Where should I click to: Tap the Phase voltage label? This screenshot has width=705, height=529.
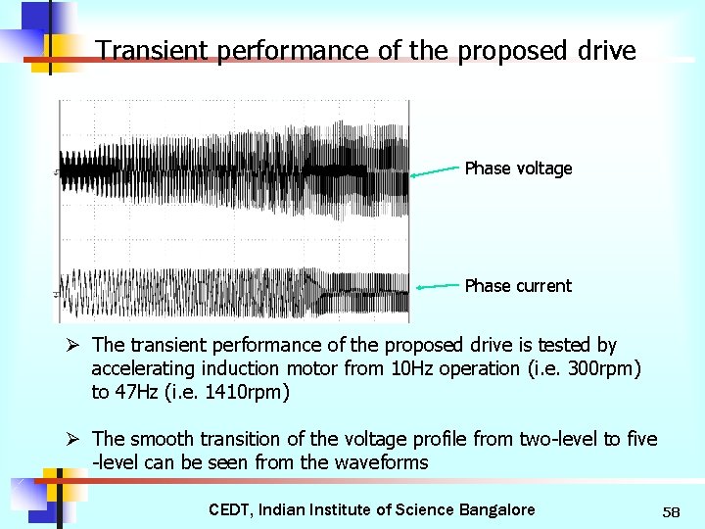[518, 168]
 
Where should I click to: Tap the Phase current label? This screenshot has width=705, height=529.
[518, 286]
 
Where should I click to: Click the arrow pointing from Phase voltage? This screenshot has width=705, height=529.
[435, 171]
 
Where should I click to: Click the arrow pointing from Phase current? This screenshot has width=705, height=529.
[438, 287]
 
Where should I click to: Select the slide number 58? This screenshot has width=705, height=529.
[671, 512]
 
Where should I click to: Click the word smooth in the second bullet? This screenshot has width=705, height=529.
[163, 439]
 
